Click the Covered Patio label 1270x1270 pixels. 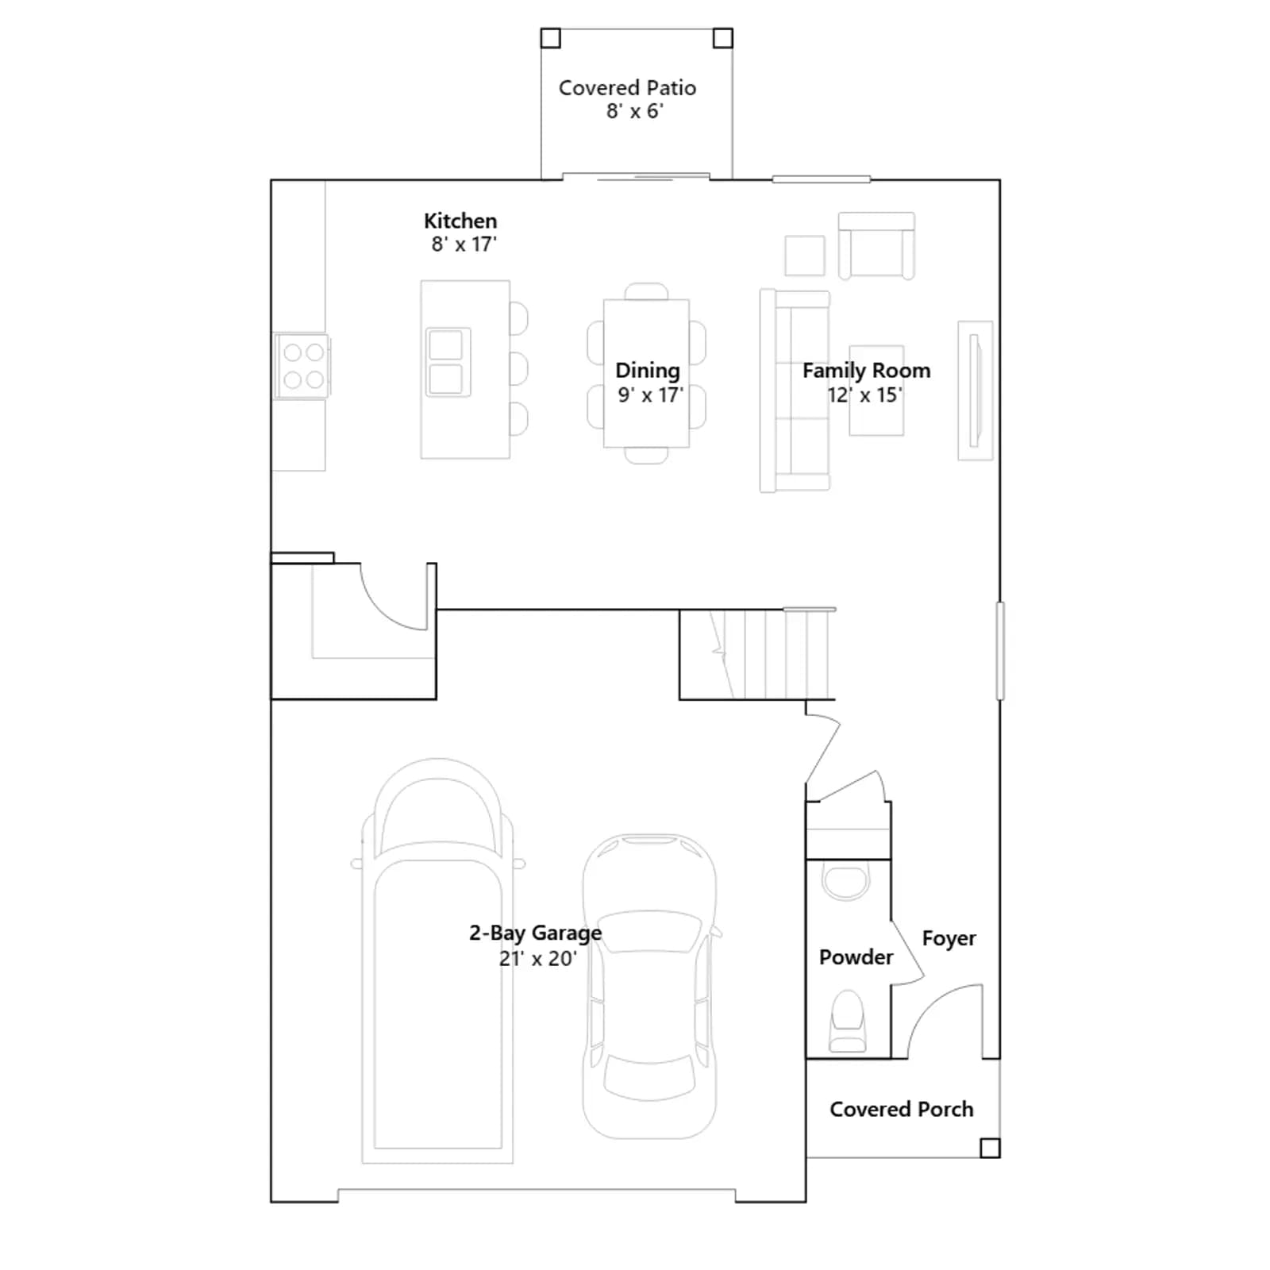pyautogui.click(x=627, y=99)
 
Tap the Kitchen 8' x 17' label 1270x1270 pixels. pyautogui.click(x=461, y=233)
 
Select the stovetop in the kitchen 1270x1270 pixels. pyautogui.click(x=302, y=366)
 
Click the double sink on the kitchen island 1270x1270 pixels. pyautogui.click(x=448, y=363)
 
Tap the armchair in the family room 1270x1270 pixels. pyautogui.click(x=876, y=245)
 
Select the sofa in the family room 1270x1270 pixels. pyautogui.click(x=795, y=391)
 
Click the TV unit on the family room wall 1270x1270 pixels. pyautogui.click(x=976, y=391)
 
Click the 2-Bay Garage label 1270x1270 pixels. pyautogui.click(x=536, y=933)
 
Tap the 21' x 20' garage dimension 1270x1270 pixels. pyautogui.click(x=537, y=959)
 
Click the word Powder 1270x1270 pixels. pyautogui.click(x=856, y=957)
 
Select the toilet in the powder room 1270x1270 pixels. pyautogui.click(x=848, y=1022)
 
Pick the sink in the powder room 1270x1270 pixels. pyautogui.click(x=846, y=881)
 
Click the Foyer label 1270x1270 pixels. pyautogui.click(x=949, y=938)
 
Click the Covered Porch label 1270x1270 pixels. pyautogui.click(x=902, y=1109)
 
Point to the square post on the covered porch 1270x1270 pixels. pyautogui.click(x=990, y=1148)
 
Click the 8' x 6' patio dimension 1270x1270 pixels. pyautogui.click(x=635, y=111)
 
